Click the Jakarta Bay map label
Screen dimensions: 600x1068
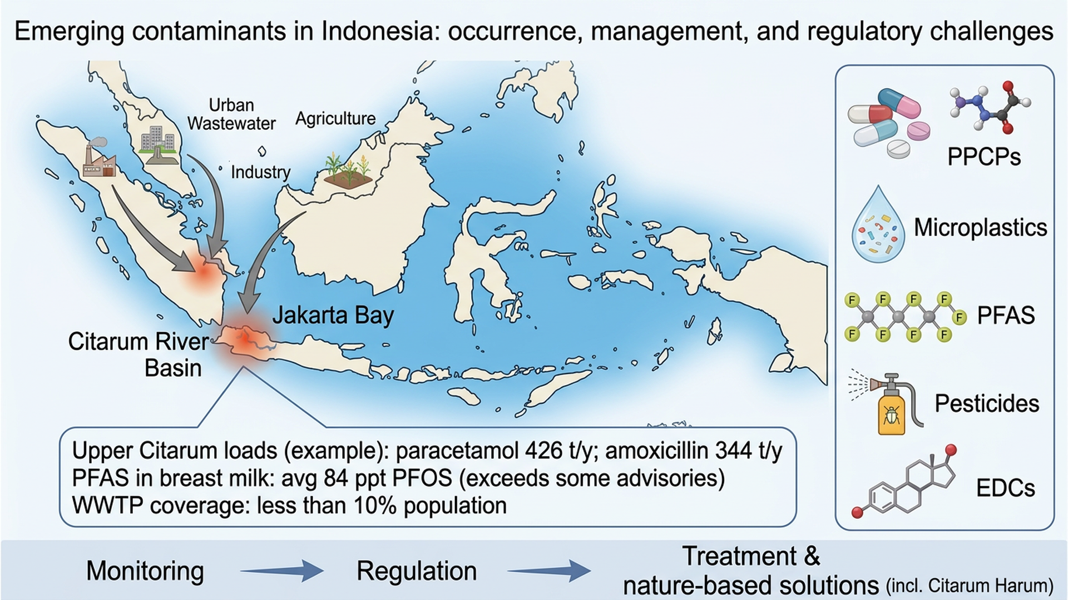tap(333, 316)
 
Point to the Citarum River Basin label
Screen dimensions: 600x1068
tap(139, 354)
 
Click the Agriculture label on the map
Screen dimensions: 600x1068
tap(335, 118)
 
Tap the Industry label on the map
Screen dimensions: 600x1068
tap(260, 172)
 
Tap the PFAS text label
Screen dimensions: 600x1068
tap(1006, 316)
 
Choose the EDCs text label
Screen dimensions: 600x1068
tap(1005, 488)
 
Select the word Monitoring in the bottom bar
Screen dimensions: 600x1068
tap(145, 571)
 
